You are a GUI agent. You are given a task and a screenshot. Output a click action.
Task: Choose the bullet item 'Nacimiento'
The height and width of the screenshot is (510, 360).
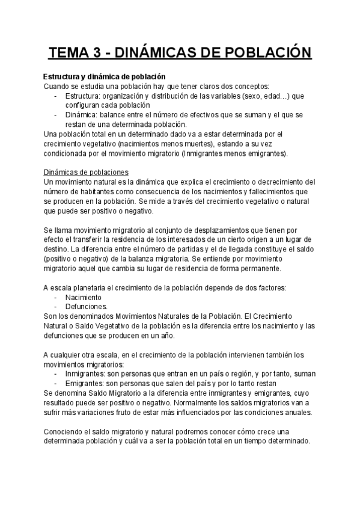click(x=84, y=297)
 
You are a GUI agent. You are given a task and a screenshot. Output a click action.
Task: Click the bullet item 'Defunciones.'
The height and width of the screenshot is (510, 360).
click(x=86, y=307)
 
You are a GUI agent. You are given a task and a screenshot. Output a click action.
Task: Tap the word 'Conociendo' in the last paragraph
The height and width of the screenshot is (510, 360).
click(x=66, y=431)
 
